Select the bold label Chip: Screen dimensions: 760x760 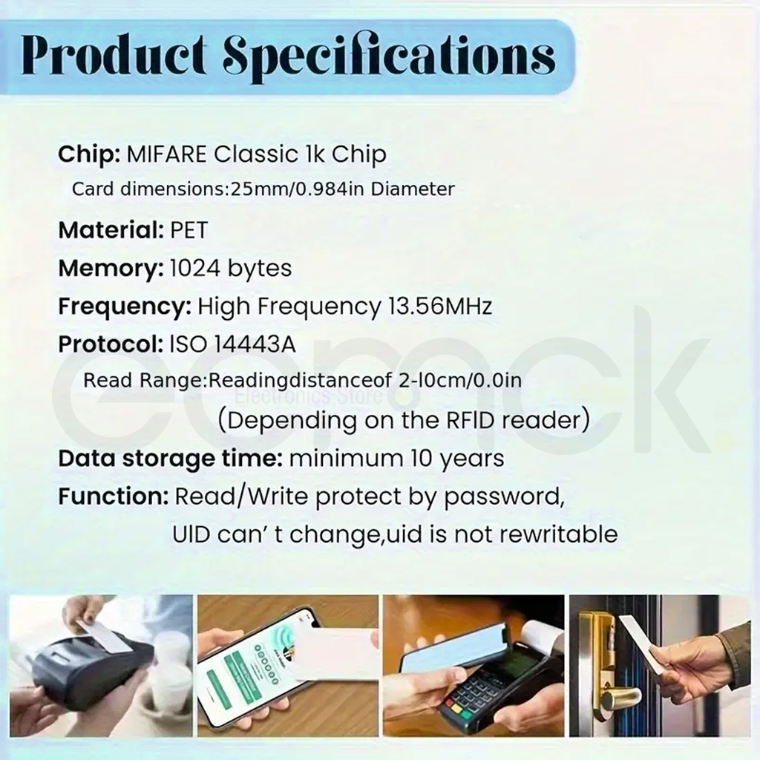pyautogui.click(x=89, y=154)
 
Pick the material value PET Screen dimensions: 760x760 pyautogui.click(x=189, y=230)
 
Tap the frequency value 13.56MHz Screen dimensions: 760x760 pyautogui.click(x=440, y=307)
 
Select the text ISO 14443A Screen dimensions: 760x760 pyautogui.click(x=232, y=344)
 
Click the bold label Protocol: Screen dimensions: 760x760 pyautogui.click(x=111, y=344)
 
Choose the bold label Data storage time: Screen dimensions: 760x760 pyautogui.click(x=170, y=459)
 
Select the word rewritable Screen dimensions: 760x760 pyautogui.click(x=558, y=534)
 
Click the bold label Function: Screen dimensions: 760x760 pyautogui.click(x=114, y=497)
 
